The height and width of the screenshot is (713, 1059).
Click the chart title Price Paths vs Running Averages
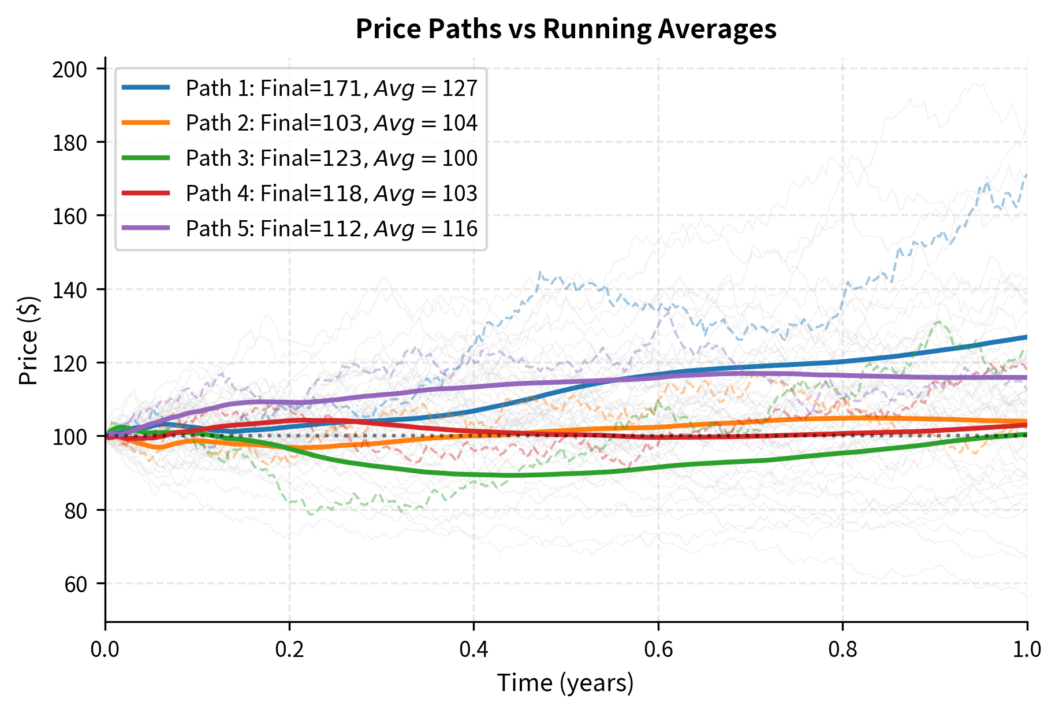click(566, 29)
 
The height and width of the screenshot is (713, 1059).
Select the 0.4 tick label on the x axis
click(473, 649)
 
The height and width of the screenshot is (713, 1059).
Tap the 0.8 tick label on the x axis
click(842, 649)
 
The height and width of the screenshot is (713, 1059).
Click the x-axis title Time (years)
click(566, 683)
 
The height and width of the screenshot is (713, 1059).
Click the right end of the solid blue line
click(1027, 337)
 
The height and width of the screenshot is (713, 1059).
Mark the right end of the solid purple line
click(1027, 377)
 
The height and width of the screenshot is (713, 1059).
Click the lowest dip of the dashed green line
click(312, 514)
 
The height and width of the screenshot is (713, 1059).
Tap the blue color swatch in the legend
click(146, 88)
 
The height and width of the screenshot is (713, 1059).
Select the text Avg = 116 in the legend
click(426, 229)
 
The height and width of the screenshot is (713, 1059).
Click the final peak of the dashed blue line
click(1026, 174)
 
